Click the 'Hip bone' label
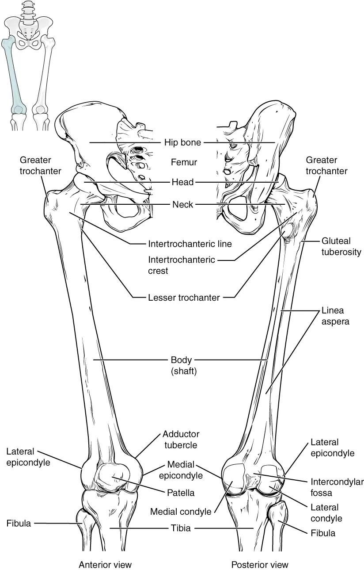coord(182,142)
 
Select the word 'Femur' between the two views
coord(184,163)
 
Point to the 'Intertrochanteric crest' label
coord(181,265)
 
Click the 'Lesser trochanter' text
coord(184,298)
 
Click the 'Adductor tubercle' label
coord(181,439)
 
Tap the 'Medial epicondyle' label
coord(184,470)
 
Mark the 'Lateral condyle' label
coord(326,513)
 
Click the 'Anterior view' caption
coord(105,565)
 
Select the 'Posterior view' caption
coord(260,565)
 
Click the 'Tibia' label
coord(181,528)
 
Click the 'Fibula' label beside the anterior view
coord(19,524)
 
